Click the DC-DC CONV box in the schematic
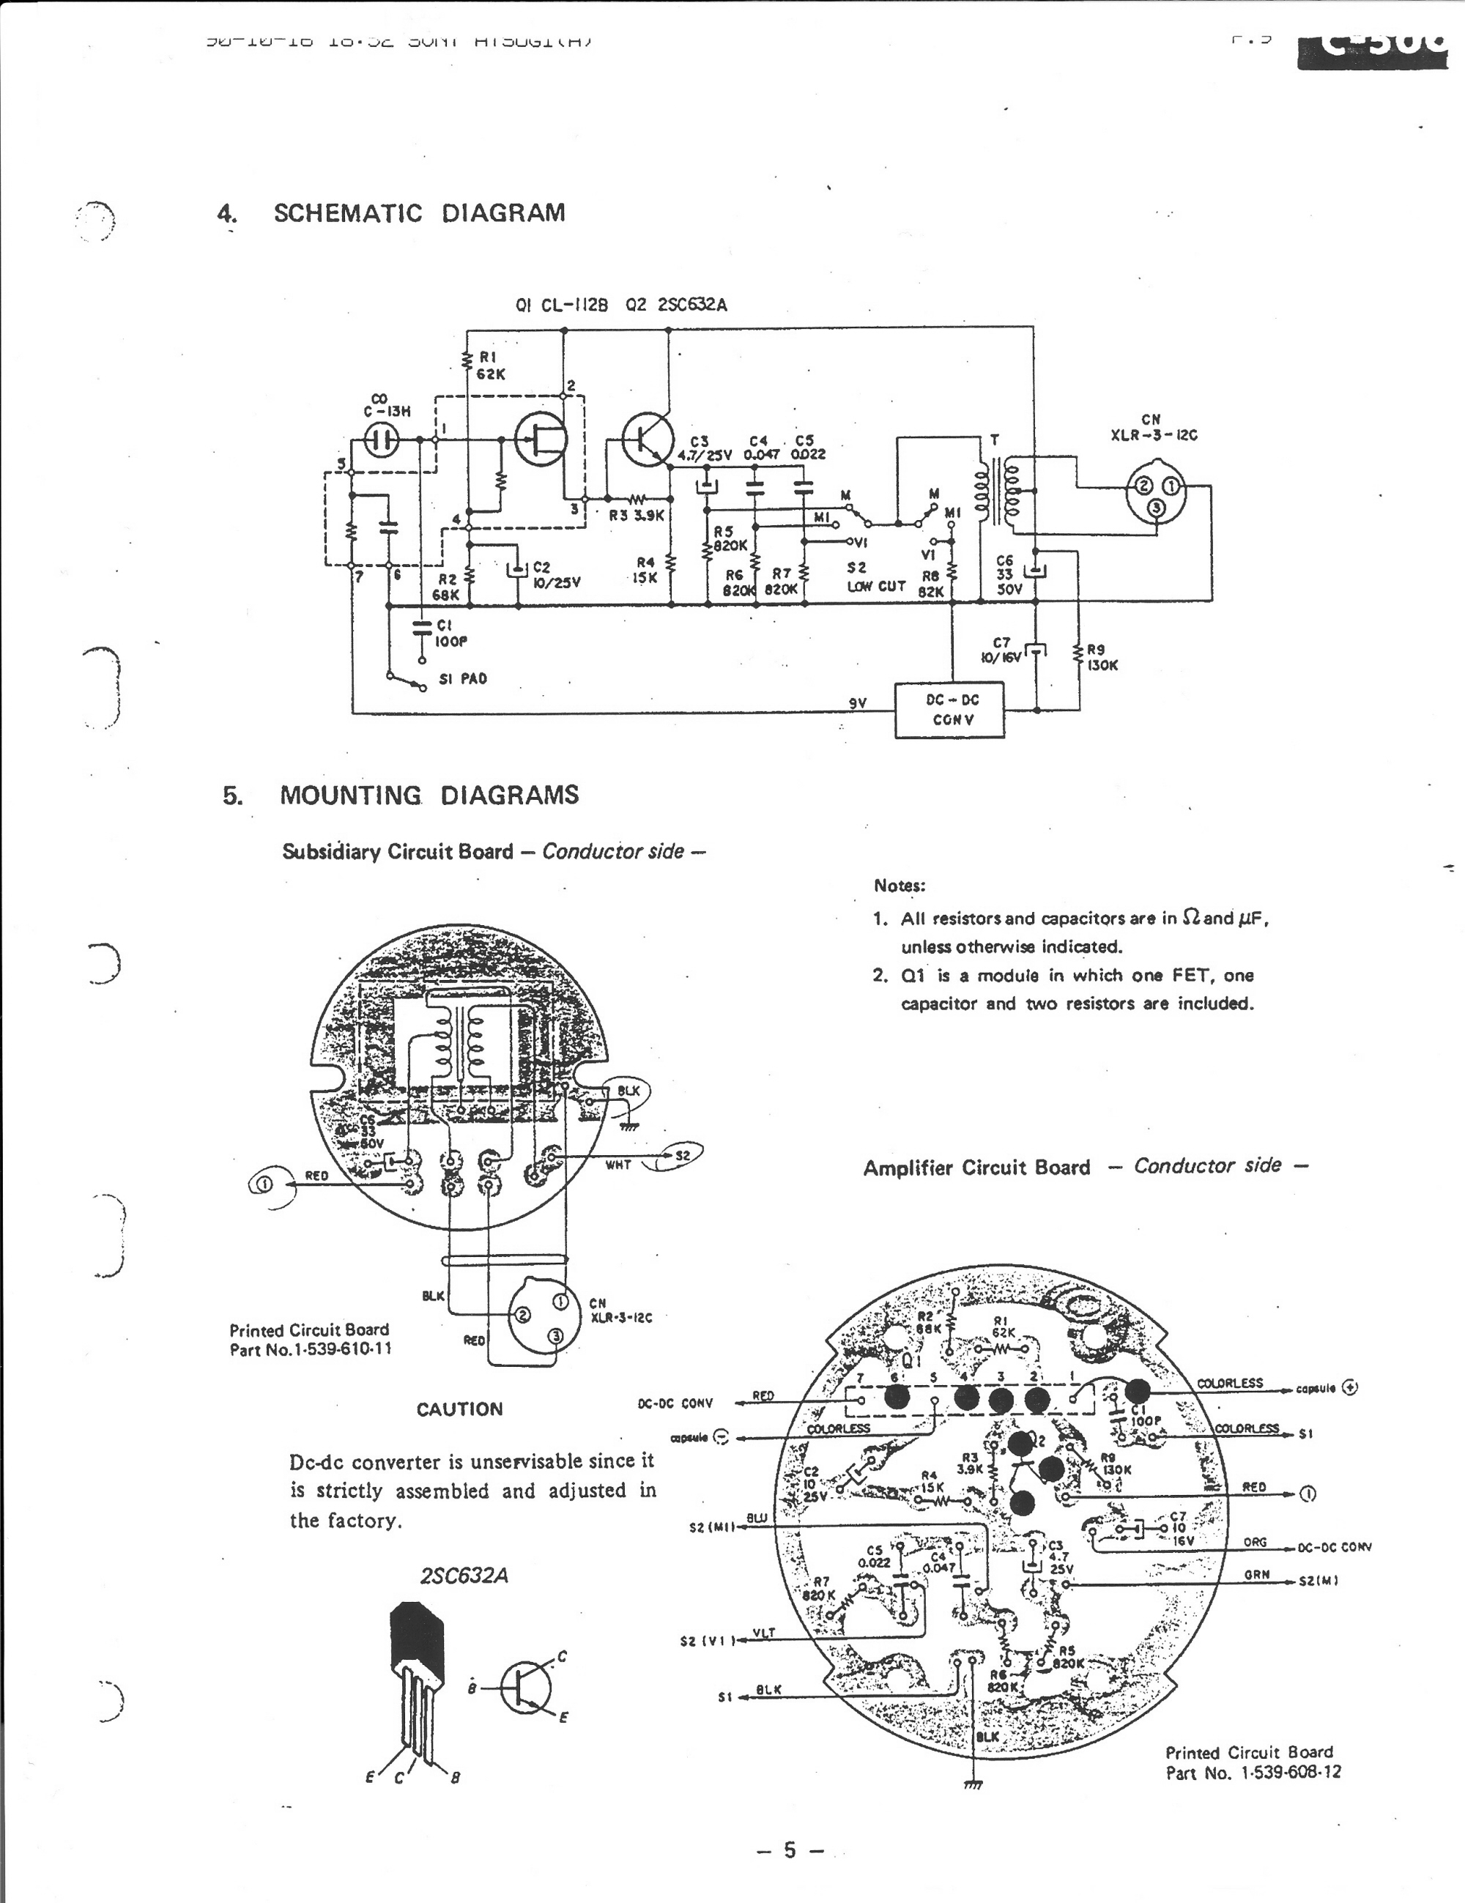950,709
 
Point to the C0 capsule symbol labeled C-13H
380,440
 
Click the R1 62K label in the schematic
490,365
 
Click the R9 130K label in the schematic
1102,658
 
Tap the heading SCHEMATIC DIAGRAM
419,213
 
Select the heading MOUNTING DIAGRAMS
429,795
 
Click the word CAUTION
459,1409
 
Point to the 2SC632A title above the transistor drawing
464,1576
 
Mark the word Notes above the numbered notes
900,886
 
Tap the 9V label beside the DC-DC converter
858,702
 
